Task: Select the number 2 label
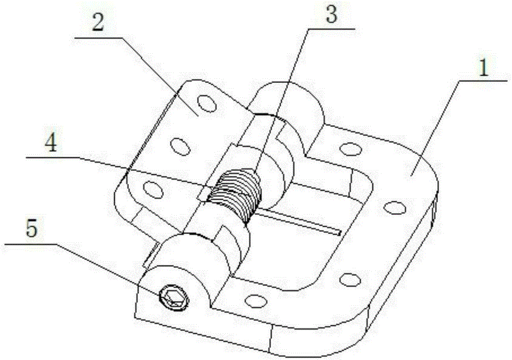tap(98, 21)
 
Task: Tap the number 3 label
tap(331, 14)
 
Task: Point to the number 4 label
tap(51, 143)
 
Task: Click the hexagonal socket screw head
tap(174, 297)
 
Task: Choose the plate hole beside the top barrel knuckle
tap(350, 149)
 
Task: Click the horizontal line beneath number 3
tap(331, 29)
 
